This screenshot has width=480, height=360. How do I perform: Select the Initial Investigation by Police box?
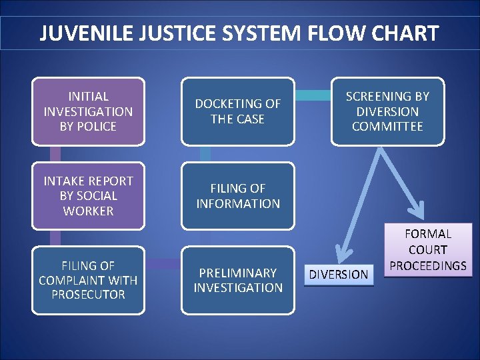coord(88,111)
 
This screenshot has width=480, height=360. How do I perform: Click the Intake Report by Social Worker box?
coord(88,196)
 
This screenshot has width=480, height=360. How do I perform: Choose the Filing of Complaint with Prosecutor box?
coord(88,280)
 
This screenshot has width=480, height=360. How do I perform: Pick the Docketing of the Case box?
coord(237,111)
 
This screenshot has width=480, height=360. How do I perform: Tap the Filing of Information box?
coord(237,196)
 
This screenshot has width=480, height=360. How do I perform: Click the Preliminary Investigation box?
coord(237,280)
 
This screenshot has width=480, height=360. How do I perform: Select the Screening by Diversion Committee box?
coord(387,111)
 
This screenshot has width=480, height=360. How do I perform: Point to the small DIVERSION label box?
coord(339,274)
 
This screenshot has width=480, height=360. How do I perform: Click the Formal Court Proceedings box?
coord(428,250)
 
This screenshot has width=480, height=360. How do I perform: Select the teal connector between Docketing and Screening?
coord(313,95)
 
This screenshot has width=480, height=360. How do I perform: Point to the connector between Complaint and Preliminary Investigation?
coord(163,265)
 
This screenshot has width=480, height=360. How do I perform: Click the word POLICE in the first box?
coord(88,127)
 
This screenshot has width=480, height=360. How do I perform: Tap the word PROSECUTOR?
coord(88,295)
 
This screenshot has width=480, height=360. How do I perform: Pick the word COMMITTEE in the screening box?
coord(387,127)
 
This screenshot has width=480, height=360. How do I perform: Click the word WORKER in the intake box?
coord(88,211)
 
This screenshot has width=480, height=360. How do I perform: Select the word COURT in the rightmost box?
coord(428,250)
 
